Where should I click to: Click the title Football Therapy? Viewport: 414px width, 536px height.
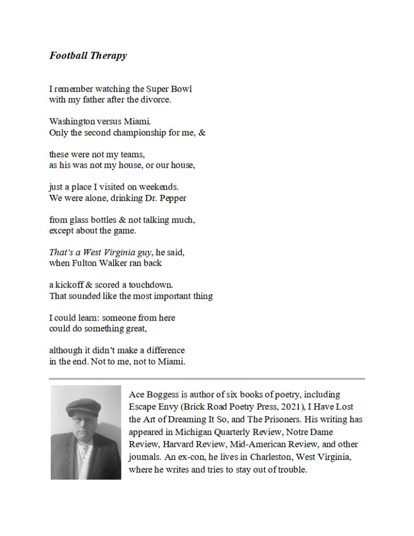coord(88,56)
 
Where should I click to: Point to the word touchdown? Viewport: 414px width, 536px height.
coord(153,285)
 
